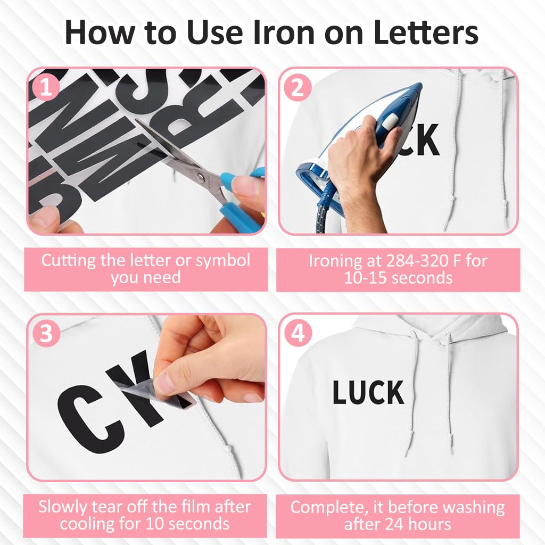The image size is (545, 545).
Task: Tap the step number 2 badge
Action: [x=298, y=88]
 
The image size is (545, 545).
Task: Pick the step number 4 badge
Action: [x=298, y=334]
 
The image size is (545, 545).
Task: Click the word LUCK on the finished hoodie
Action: [x=368, y=393]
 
